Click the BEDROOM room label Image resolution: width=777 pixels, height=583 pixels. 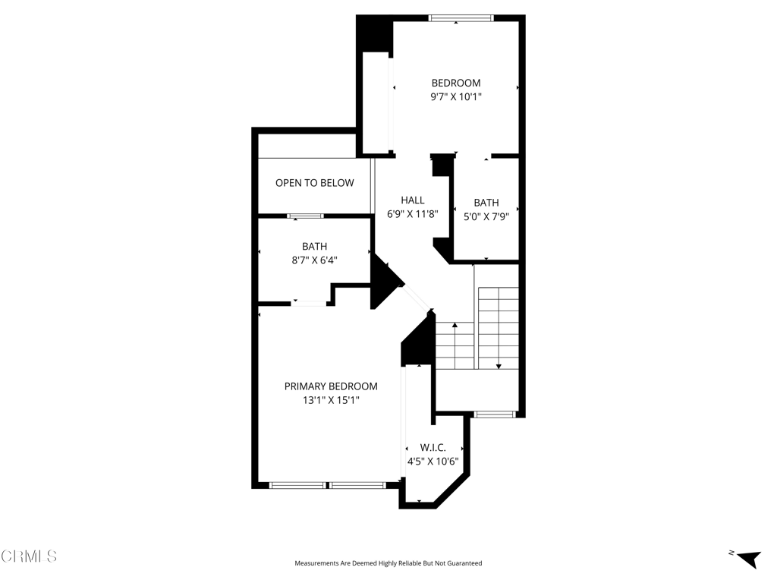point(456,83)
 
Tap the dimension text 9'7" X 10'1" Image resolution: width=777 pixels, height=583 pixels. point(456,96)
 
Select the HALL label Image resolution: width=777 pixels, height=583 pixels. point(412,200)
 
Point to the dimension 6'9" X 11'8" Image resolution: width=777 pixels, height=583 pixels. point(412,214)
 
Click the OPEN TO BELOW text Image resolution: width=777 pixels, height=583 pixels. point(315,183)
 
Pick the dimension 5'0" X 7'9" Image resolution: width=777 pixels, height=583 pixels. point(486,216)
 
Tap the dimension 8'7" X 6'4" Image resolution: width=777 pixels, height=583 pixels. point(314,260)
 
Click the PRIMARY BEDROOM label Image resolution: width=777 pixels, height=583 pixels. point(331,386)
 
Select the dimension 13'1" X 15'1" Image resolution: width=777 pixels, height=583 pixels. point(331,400)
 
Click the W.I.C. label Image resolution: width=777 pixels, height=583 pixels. point(433,448)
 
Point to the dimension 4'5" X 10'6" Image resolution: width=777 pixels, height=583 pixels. point(433,462)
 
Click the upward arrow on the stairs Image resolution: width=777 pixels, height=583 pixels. point(455,345)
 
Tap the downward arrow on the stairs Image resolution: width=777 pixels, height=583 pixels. point(499,329)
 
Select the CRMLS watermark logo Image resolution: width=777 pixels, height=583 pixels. point(29,556)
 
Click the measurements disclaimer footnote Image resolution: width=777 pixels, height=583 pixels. point(388,563)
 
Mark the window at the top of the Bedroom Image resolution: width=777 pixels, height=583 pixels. point(461,18)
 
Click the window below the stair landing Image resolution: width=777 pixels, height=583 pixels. point(494,414)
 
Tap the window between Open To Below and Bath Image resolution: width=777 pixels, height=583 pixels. point(305,216)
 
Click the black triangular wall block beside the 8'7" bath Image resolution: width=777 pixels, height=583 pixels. point(385,282)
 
